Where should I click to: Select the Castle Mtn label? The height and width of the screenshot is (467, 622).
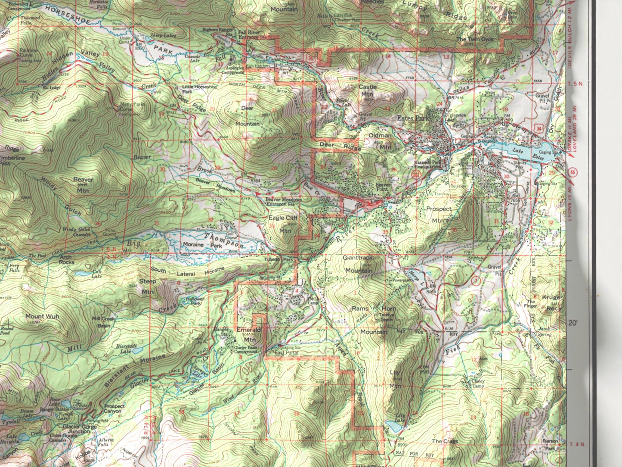367,90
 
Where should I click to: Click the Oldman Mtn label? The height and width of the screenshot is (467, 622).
381,141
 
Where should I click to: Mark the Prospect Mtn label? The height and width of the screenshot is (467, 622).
439,215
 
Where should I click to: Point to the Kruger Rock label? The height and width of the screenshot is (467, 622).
552,303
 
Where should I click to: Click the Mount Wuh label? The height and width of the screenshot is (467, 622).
42,316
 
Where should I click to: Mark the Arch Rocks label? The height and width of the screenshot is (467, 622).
66,259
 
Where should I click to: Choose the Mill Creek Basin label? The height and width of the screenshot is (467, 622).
103,321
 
